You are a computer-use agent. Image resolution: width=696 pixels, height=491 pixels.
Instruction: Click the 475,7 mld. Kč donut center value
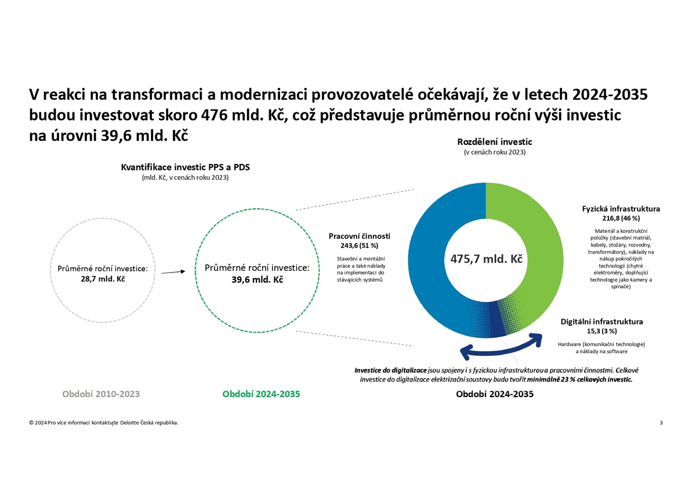coord(486,259)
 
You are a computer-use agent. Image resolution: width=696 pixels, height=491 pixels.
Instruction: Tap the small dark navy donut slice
coord(498,320)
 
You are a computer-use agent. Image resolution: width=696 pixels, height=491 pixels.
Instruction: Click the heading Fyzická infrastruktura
coord(621,209)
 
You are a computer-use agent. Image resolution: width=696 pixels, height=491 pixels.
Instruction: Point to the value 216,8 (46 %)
coord(621,218)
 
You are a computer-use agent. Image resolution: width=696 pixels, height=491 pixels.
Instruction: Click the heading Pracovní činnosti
coord(360,236)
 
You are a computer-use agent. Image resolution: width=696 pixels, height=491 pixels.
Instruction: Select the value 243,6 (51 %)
coord(360,245)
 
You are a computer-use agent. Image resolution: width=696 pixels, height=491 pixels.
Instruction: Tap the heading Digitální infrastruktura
coord(601,321)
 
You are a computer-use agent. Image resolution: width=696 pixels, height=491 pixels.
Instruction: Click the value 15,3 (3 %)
coord(601,331)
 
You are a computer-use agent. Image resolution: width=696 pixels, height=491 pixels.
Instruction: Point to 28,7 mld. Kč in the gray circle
coord(103,279)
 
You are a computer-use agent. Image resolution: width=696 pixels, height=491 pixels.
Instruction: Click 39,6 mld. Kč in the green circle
coord(258,280)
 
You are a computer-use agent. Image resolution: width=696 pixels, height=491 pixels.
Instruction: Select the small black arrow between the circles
coord(173,272)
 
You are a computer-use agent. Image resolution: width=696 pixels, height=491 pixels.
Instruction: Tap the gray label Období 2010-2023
coord(101,394)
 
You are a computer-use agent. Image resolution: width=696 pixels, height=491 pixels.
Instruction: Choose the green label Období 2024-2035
coord(262,394)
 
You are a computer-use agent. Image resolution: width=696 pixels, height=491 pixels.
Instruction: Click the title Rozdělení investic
coord(495,142)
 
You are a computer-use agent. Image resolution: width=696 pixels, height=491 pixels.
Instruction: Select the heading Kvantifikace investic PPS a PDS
coord(185,167)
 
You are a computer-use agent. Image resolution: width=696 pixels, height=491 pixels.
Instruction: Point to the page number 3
coord(661,423)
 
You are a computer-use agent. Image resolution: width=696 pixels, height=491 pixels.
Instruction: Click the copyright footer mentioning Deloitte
coord(104,423)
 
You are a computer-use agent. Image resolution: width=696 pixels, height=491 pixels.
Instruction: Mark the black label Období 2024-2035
coord(495,394)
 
